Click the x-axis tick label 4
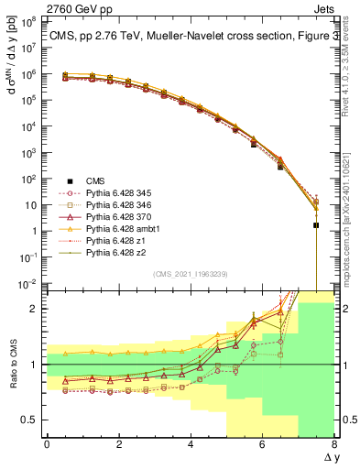pyautogui.click(x=191, y=443)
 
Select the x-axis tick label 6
pyautogui.click(x=262, y=443)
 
